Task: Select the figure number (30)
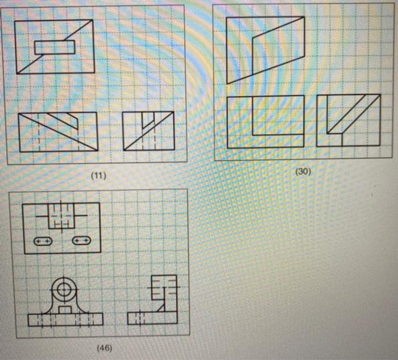coord(302,171)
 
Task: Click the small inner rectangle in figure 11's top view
coord(55,47)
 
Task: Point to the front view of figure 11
coord(57,131)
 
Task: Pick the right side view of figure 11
coord(149,131)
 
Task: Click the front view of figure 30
coord(266,122)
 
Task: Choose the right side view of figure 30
coord(348,120)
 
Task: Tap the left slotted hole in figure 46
coord(43,241)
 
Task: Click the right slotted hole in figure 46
coord(81,241)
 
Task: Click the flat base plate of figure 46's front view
coord(65,319)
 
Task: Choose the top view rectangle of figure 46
coord(62,227)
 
